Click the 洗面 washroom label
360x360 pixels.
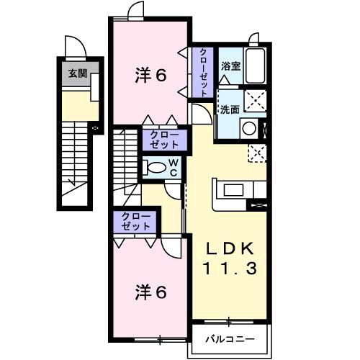click(x=230, y=109)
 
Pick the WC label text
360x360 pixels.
click(x=174, y=167)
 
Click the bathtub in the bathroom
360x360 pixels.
click(x=256, y=66)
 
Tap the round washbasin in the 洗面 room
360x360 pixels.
click(x=249, y=128)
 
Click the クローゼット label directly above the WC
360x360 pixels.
click(x=165, y=139)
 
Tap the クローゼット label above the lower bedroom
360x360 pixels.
click(x=132, y=221)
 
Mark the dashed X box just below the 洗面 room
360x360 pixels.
click(x=256, y=152)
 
